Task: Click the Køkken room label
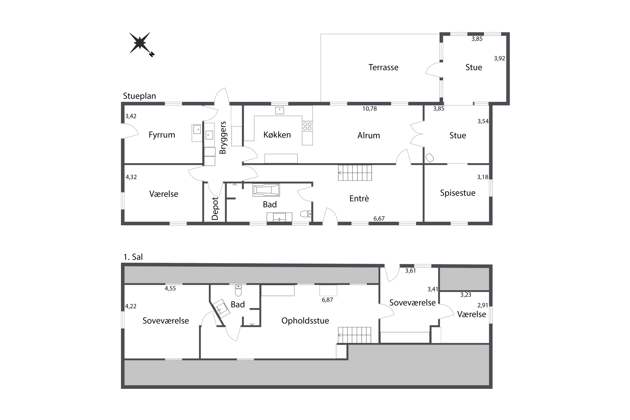[x=277, y=135]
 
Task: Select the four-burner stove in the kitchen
[x=307, y=126]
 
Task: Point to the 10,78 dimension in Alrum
[x=369, y=109]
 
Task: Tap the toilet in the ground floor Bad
[x=306, y=214]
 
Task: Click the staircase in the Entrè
[x=355, y=173]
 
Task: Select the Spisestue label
[x=458, y=193]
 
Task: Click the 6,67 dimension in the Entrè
[x=379, y=219]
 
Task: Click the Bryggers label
[x=223, y=138]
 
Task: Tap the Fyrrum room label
[x=162, y=135]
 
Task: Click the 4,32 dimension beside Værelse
[x=131, y=177]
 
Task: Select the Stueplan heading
[x=139, y=96]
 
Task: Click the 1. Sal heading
[x=133, y=257]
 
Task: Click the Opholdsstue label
[x=305, y=321]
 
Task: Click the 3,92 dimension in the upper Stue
[x=499, y=58]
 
